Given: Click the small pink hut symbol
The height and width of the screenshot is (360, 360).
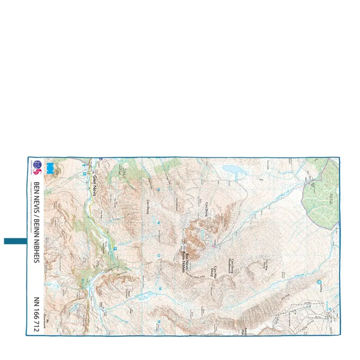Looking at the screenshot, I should [213, 246].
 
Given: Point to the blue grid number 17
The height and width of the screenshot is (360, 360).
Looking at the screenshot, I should [159, 257].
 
